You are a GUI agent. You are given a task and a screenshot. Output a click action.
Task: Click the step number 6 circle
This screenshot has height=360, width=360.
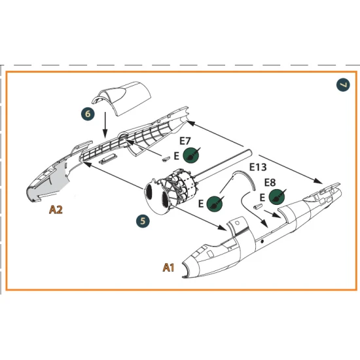tap(88, 114)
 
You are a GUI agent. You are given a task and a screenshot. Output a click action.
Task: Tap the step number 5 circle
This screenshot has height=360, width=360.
tap(142, 221)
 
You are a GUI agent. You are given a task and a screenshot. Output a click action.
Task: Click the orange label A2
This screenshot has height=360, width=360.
tap(56, 210)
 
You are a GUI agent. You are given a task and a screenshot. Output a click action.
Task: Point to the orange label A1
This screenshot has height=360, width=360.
tap(168, 267)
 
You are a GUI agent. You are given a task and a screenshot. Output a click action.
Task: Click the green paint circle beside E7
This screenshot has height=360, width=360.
tap(191, 155)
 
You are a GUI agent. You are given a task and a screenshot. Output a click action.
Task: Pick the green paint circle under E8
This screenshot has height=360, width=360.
tap(277, 196)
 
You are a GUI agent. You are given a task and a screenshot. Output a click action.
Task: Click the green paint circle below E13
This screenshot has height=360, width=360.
tap(213, 204)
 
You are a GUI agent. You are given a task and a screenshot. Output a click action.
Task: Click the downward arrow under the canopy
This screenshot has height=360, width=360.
tap(104, 124)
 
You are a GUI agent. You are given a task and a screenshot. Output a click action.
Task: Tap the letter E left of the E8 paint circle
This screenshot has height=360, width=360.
tap(262, 196)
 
